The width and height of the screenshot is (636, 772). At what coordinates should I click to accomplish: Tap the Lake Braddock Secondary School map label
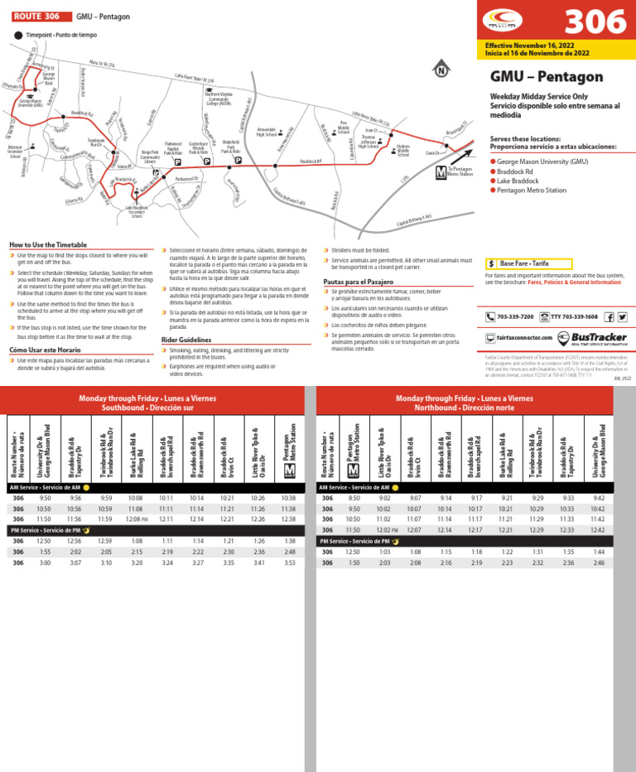(136, 211)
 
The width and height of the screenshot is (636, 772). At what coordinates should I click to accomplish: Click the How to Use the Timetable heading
(47, 244)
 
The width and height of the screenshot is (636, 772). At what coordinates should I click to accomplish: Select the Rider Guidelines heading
(186, 340)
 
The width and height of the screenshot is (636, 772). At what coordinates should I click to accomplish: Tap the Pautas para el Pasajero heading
(359, 282)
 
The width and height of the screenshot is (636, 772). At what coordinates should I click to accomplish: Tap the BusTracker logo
(592, 338)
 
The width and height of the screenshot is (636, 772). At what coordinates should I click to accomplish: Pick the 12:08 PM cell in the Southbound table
(137, 518)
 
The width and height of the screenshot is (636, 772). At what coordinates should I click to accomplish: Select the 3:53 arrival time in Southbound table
(289, 562)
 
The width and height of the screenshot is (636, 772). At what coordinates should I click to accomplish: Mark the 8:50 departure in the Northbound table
(354, 498)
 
